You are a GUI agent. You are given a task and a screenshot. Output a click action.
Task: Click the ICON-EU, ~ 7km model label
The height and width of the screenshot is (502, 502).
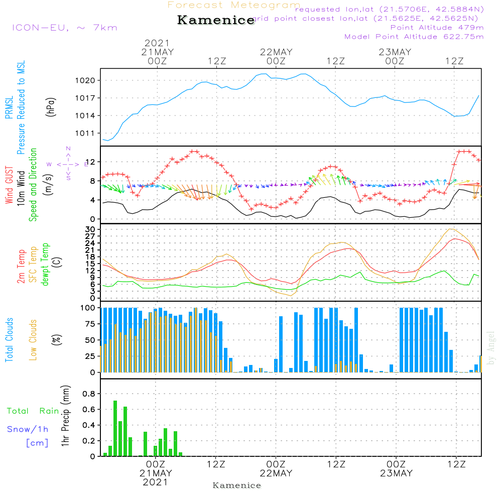tap(64, 28)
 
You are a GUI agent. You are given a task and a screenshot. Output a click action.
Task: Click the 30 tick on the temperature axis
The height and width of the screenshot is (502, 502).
tap(91, 229)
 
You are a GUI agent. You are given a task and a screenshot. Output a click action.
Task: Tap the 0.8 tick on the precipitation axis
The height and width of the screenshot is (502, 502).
tap(89, 394)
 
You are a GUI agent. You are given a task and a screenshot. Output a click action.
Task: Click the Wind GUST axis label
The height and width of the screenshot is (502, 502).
tap(9, 186)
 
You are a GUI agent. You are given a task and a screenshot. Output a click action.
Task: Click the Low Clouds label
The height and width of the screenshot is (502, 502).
tap(34, 340)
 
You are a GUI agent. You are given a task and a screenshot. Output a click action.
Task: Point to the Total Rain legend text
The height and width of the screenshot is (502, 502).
tap(33, 411)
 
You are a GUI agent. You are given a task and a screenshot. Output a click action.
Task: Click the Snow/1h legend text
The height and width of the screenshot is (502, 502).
tap(28, 430)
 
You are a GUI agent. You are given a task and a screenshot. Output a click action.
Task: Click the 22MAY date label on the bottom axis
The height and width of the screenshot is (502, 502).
tap(276, 473)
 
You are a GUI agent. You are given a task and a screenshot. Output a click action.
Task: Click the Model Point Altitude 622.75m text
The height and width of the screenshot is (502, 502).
tap(414, 37)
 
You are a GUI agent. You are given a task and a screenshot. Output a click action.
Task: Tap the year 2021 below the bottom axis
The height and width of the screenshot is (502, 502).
tap(156, 482)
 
